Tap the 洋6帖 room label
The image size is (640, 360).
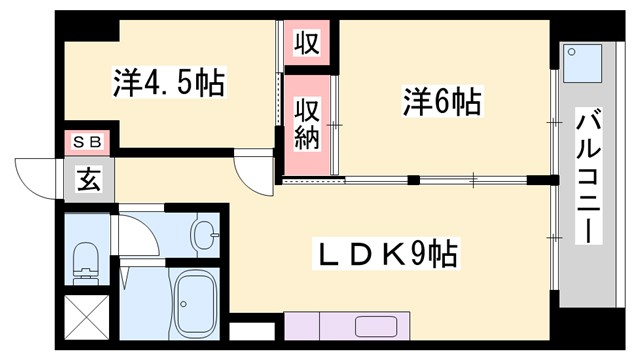(442, 101)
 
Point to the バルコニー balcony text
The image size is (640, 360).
(589, 177)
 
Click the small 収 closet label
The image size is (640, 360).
(306, 44)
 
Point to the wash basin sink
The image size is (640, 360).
(205, 237)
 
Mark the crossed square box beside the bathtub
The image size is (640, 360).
(85, 317)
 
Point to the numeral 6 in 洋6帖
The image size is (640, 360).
(447, 101)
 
